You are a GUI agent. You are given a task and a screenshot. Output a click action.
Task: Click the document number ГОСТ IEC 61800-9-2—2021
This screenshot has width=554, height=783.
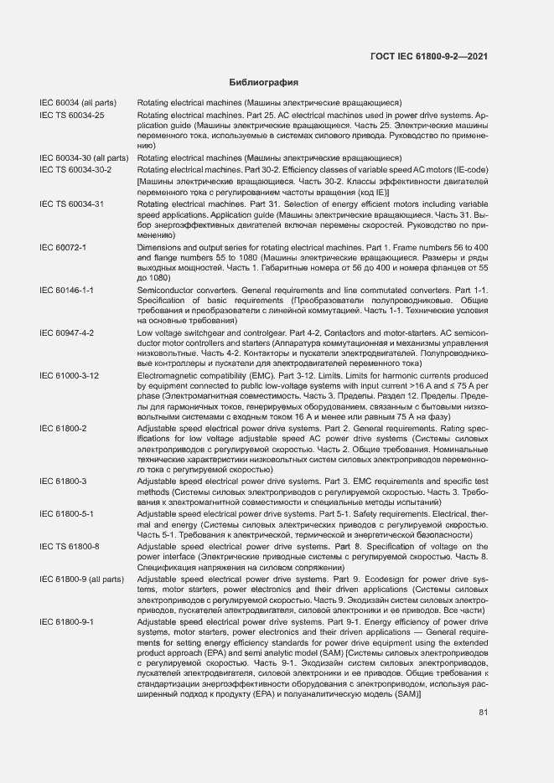[428, 57]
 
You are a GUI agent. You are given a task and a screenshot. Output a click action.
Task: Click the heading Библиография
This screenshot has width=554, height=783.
[264, 83]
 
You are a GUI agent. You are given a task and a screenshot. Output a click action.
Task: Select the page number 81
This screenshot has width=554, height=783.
[484, 713]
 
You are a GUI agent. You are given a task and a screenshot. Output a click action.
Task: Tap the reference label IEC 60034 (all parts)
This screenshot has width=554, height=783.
[77, 103]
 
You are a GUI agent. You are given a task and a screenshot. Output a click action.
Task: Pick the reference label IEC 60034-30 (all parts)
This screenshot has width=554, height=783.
[83, 157]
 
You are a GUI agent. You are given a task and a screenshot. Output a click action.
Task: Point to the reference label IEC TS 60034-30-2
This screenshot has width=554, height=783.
[75, 169]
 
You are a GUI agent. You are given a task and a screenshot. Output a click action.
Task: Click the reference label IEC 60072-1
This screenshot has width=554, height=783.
[63, 248]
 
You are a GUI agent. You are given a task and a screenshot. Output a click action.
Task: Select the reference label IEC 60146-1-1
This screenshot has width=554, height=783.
[66, 289]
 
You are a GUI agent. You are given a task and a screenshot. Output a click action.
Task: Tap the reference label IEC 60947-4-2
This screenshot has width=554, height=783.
[66, 332]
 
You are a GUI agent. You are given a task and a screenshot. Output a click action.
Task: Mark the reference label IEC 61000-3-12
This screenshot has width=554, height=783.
[69, 376]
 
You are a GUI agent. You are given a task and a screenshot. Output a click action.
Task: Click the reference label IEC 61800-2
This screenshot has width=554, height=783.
[63, 428]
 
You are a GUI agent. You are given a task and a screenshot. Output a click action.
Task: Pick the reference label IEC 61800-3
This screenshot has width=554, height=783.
[63, 481]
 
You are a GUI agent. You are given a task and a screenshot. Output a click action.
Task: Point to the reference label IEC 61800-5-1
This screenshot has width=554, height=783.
[66, 513]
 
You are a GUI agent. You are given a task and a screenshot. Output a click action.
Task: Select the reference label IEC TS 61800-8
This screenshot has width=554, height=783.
[69, 546]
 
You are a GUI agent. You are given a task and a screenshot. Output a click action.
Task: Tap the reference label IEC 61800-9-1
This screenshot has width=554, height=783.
[66, 622]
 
